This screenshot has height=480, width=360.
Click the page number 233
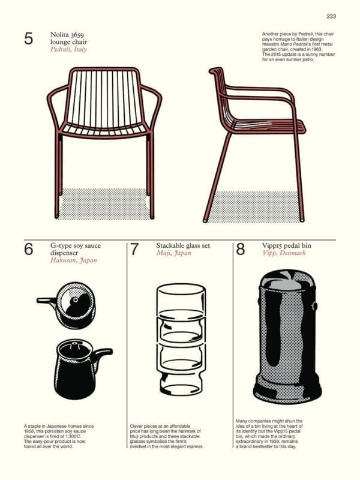pyautogui.click(x=331, y=16)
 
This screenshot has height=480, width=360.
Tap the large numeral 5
pyautogui.click(x=28, y=38)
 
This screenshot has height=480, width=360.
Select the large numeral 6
pyautogui.click(x=28, y=249)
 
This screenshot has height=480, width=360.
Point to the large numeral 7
pyautogui.click(x=134, y=249)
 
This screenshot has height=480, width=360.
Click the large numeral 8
pyautogui.click(x=241, y=249)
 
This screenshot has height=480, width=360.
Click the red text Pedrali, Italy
pyautogui.click(x=68, y=49)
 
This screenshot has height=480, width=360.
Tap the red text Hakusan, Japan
pyautogui.click(x=73, y=260)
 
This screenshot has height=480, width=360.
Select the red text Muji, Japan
pyautogui.click(x=174, y=253)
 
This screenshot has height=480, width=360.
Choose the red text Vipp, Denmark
pyautogui.click(x=284, y=253)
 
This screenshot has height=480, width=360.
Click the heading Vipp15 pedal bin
pyautogui.click(x=287, y=245)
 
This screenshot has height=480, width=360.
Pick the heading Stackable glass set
pyautogui.click(x=184, y=245)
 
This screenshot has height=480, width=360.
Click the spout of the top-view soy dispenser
pyautogui.click(x=47, y=301)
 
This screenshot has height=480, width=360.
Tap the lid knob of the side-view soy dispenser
pyautogui.click(x=74, y=344)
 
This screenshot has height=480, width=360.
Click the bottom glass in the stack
pyautogui.click(x=181, y=383)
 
